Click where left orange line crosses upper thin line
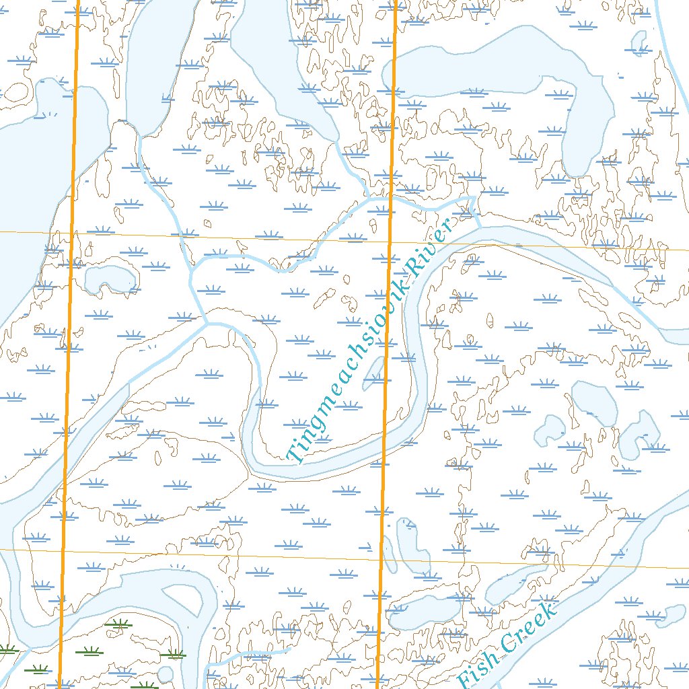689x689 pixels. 71,233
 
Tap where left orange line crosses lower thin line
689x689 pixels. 63,550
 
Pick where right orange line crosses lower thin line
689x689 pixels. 381,558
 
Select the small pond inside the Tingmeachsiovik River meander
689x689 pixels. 374,373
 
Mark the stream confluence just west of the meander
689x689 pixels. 206,324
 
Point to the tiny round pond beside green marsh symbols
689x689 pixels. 165,674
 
